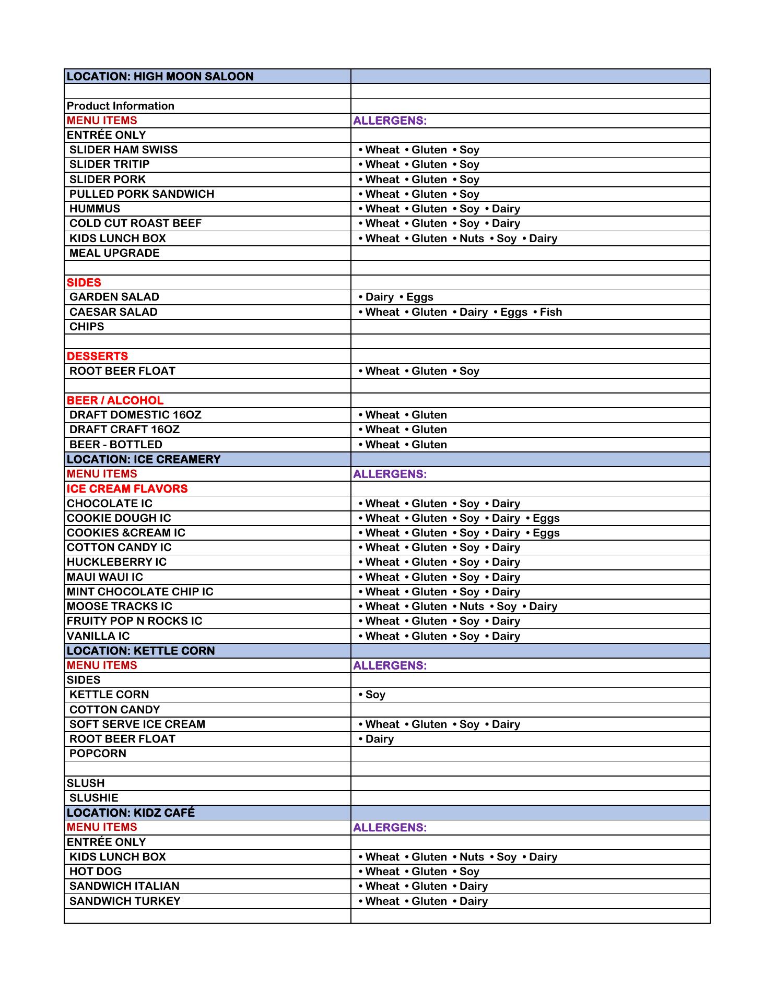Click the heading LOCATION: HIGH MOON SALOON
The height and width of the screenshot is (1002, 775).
pyautogui.click(x=160, y=76)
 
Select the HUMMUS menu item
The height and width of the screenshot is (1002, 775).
pyautogui.click(x=95, y=209)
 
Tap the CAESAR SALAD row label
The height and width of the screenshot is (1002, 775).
pyautogui.click(x=113, y=312)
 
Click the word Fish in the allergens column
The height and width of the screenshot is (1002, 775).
pyautogui.click(x=551, y=312)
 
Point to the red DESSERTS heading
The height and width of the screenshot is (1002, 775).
pyautogui.click(x=97, y=356)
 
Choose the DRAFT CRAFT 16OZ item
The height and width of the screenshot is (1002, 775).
pyautogui.click(x=124, y=430)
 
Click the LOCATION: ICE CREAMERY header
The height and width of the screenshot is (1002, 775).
pyautogui.click(x=144, y=459)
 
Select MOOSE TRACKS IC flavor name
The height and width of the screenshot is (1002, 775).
pyautogui.click(x=119, y=606)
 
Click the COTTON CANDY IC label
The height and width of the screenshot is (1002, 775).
pyautogui.click(x=119, y=547)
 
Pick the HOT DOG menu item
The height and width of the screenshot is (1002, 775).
pyautogui.click(x=96, y=872)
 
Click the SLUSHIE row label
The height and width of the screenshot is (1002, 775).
pyautogui.click(x=94, y=798)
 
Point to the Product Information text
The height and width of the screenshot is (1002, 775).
pyautogui.click(x=121, y=106)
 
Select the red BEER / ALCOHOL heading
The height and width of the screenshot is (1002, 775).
pyautogui.click(x=115, y=400)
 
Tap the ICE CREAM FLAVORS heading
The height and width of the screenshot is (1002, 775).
pyautogui.click(x=127, y=489)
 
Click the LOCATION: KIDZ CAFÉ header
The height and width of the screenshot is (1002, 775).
pyautogui.click(x=131, y=813)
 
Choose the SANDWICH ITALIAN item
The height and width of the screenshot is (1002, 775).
pyautogui.click(x=124, y=886)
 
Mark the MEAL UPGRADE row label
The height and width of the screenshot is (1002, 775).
pyautogui.click(x=114, y=253)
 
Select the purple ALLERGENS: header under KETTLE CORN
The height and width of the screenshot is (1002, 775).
pyautogui.click(x=390, y=665)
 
